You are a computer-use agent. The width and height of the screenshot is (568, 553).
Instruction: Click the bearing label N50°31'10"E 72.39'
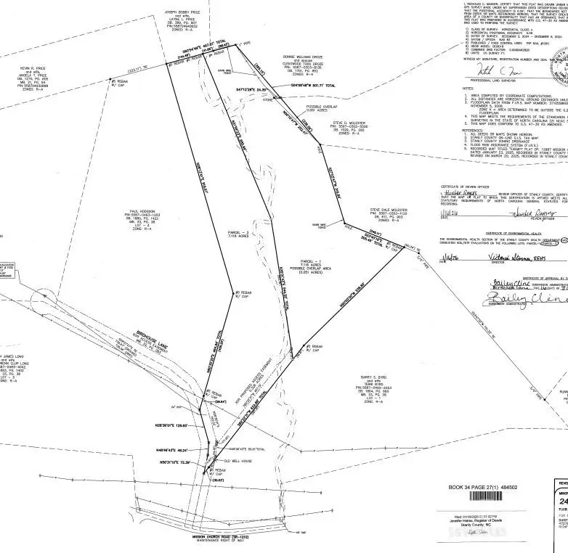pyautogui.click(x=172, y=461)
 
